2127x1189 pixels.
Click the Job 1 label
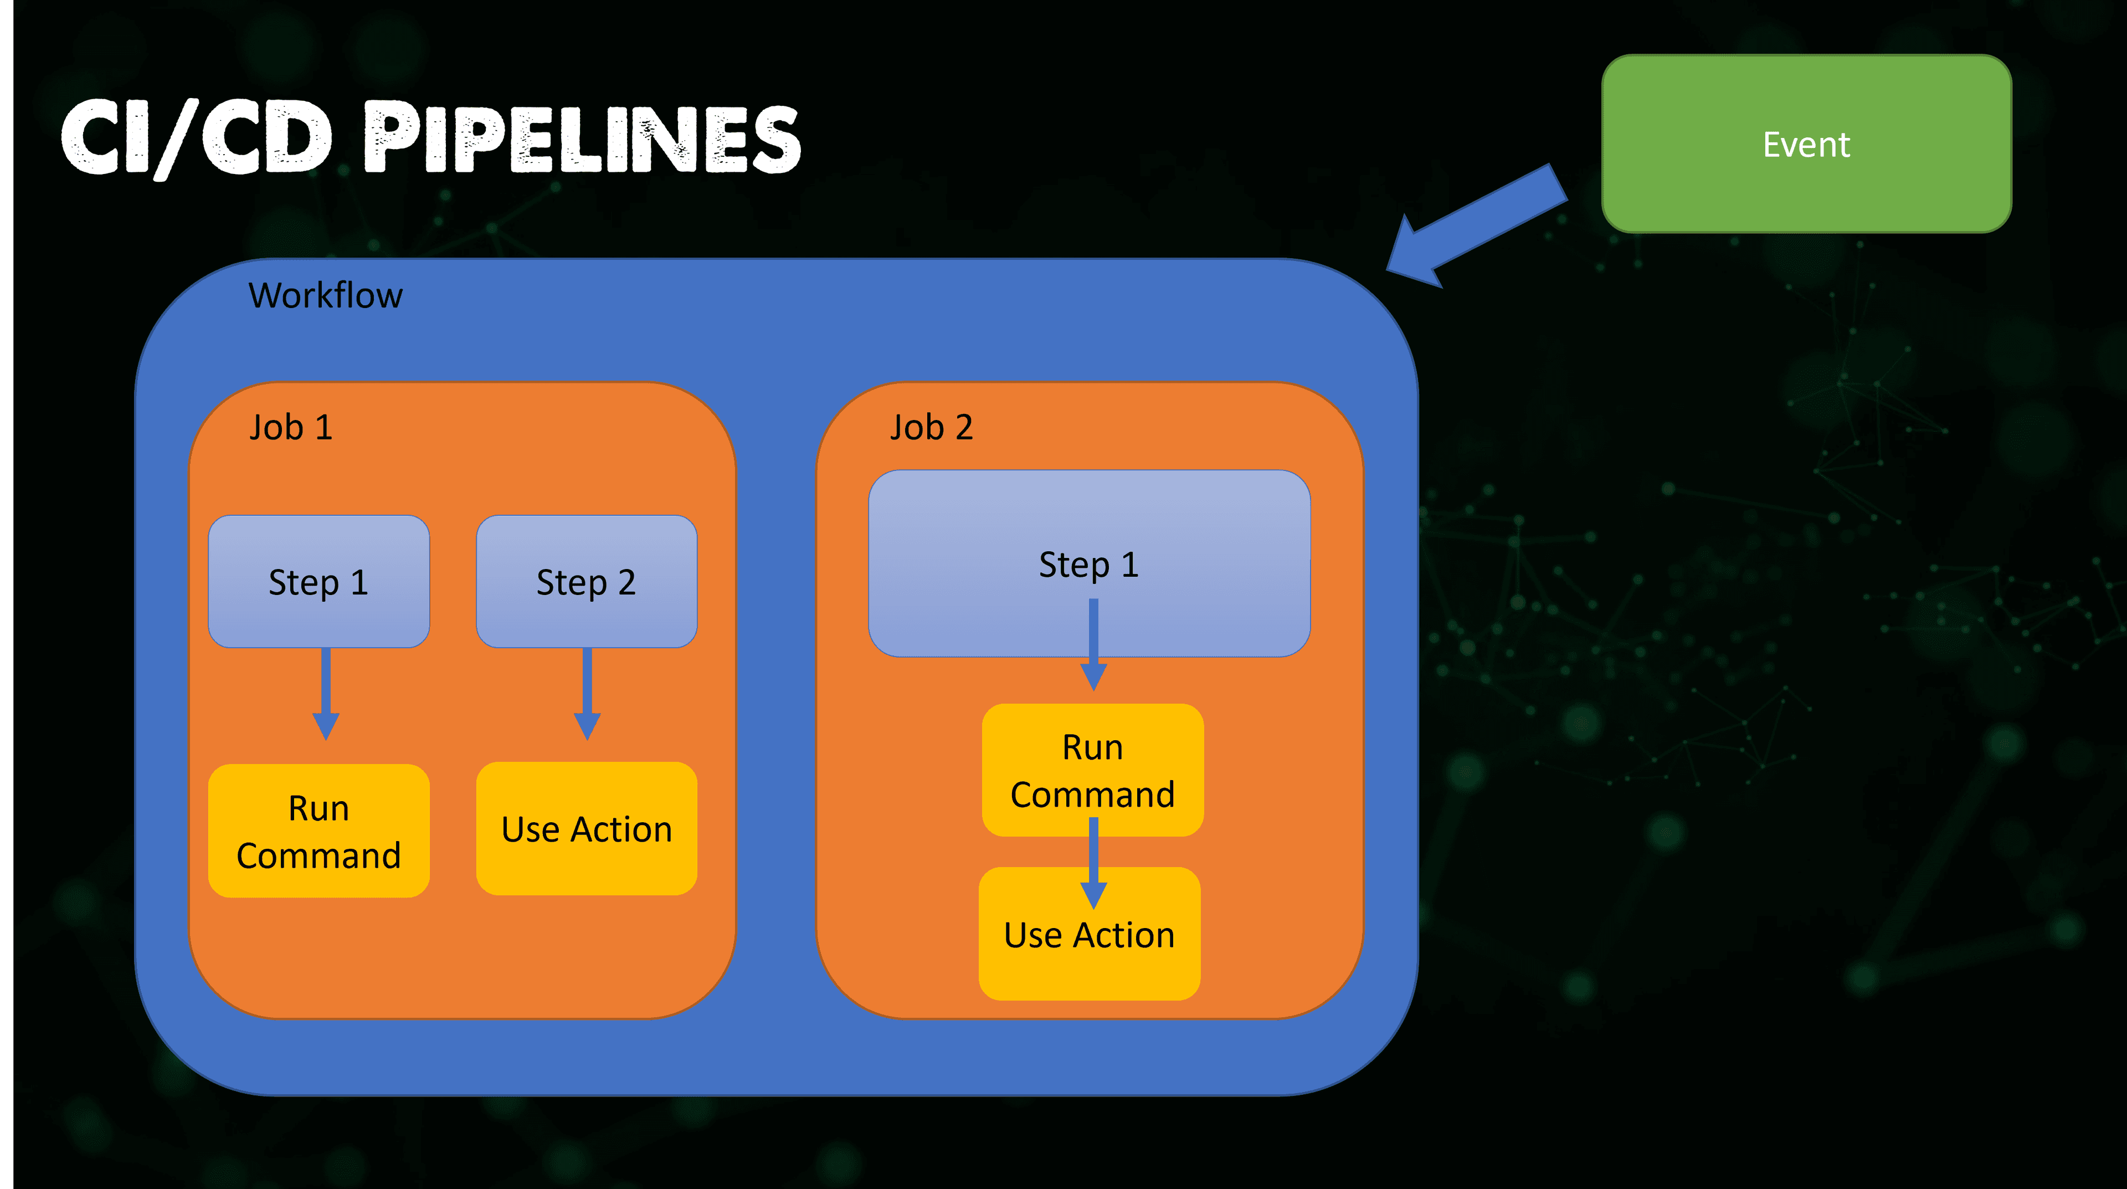coord(291,428)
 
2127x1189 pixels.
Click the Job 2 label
coord(931,428)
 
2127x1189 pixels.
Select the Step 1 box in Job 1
coord(318,581)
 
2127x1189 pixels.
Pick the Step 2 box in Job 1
coord(586,581)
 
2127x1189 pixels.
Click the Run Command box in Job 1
coord(318,831)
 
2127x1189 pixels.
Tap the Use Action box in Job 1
coord(586,828)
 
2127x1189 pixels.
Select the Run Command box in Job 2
coord(1092,770)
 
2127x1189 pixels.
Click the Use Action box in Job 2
coord(1089,934)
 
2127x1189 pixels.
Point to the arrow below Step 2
coord(587,694)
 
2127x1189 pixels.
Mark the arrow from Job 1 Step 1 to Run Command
coord(326,694)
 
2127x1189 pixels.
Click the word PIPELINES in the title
coord(583,138)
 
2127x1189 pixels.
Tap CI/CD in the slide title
coord(197,138)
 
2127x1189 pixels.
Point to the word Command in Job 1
coord(318,855)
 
